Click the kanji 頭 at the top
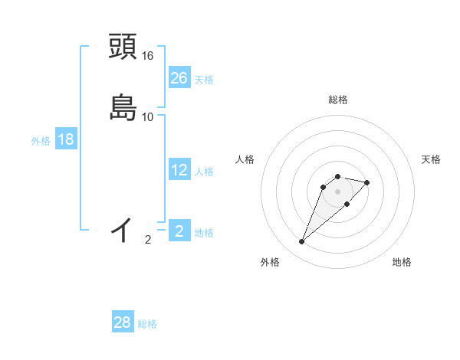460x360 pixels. click(x=123, y=47)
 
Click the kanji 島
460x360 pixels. click(x=123, y=108)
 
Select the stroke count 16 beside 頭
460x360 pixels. click(x=148, y=56)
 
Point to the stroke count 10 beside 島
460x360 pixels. click(x=148, y=117)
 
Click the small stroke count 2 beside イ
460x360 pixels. click(x=148, y=240)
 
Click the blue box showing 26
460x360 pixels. click(x=179, y=78)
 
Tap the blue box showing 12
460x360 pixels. click(x=179, y=170)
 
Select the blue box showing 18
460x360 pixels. click(x=66, y=139)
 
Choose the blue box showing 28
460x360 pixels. click(x=123, y=322)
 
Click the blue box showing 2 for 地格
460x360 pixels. click(x=179, y=231)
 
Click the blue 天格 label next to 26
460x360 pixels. click(x=204, y=79)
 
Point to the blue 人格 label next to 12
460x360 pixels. click(x=204, y=171)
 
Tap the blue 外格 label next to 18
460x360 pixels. click(x=41, y=140)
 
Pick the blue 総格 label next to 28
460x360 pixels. click(x=147, y=324)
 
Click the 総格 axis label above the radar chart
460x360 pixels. click(x=338, y=100)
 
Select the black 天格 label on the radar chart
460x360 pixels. click(x=432, y=159)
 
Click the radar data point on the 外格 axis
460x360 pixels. click(x=302, y=242)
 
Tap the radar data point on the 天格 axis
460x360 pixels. click(x=367, y=182)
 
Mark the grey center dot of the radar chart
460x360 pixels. click(x=338, y=191)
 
